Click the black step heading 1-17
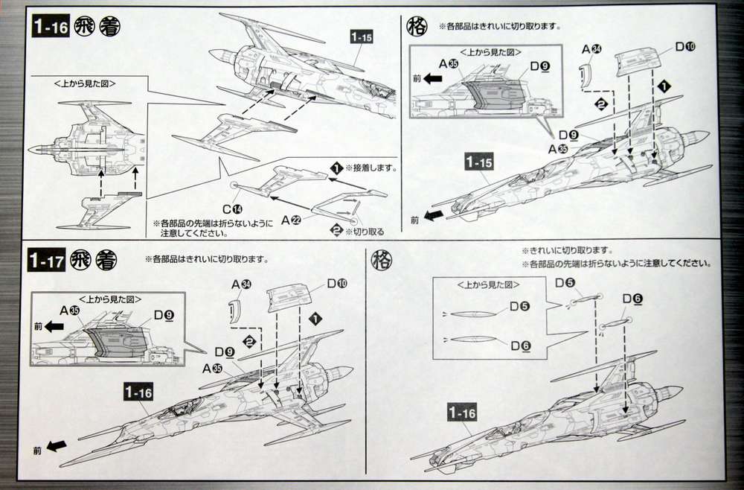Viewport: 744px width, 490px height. (x=45, y=261)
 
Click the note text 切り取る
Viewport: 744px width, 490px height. (x=369, y=231)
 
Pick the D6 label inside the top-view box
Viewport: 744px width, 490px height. (x=520, y=344)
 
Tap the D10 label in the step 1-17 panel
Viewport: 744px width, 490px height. (x=336, y=284)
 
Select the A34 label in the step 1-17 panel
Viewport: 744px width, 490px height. (x=240, y=284)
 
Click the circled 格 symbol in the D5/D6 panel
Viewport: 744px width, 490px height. (x=381, y=260)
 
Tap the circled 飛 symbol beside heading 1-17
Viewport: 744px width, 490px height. (x=79, y=261)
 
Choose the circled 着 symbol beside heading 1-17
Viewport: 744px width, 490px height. (x=106, y=261)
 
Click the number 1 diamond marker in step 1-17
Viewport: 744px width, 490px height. (x=315, y=318)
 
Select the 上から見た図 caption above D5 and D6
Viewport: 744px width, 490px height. (x=482, y=285)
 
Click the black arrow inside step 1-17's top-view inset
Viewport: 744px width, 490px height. (x=54, y=325)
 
